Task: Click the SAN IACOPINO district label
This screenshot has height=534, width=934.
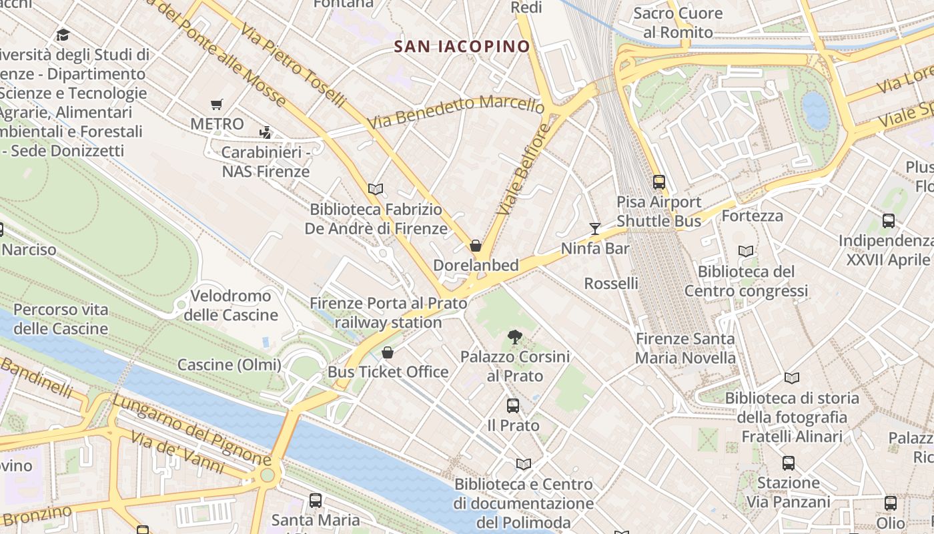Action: (x=462, y=47)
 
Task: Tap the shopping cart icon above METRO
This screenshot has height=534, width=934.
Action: (x=216, y=104)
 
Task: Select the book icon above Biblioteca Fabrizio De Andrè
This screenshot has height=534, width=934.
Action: (x=376, y=189)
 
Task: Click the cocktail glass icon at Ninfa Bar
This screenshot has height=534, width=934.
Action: (x=594, y=229)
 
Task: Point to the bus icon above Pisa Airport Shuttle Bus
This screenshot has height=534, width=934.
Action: (x=659, y=182)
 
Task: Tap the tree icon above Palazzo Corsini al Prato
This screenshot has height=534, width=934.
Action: (x=514, y=337)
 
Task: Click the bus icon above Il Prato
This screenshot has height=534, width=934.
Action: (x=512, y=405)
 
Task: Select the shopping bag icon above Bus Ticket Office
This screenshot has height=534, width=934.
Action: (x=388, y=352)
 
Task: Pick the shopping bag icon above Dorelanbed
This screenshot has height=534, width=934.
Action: (x=476, y=246)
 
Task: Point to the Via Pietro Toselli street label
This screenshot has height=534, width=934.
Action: (x=294, y=66)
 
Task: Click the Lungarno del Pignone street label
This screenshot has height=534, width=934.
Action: (x=191, y=430)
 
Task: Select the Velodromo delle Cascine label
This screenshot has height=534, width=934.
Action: (x=231, y=305)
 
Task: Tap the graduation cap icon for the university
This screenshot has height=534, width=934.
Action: (x=63, y=35)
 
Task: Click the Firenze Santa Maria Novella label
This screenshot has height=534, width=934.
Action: (x=685, y=348)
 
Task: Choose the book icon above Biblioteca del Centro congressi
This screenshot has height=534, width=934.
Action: (x=746, y=252)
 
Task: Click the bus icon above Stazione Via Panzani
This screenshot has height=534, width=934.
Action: (x=788, y=463)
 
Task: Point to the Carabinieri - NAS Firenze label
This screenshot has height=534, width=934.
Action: (x=266, y=162)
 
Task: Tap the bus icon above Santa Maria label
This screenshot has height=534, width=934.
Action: (x=316, y=500)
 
